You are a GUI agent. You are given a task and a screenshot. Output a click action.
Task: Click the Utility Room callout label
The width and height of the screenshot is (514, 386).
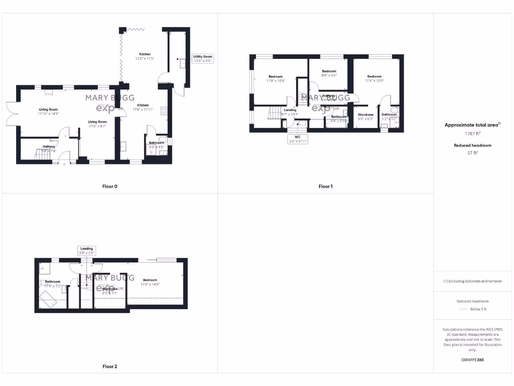pos(203,59)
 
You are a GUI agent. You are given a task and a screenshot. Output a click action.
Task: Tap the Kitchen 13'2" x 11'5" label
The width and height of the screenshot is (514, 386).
pos(145,56)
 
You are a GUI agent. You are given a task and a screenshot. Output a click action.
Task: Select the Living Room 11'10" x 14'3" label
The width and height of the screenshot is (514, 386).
pos(49,112)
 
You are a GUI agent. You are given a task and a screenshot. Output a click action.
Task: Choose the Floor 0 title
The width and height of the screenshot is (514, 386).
pos(109,186)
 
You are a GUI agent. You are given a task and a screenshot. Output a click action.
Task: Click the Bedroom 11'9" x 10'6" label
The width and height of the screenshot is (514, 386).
pos(276,78)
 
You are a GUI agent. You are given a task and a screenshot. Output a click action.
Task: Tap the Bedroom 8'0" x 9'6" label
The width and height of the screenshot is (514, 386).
pos(329,73)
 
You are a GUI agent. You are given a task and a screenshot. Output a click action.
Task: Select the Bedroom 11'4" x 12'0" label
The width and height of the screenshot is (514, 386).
pos(374,78)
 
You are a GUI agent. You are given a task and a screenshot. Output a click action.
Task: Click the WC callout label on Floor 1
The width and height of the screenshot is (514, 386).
pos(298,139)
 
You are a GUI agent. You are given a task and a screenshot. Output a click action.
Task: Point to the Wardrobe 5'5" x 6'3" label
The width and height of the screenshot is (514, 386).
pos(365,117)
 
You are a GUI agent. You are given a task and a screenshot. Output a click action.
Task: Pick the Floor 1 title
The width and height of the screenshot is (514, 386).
pos(325,186)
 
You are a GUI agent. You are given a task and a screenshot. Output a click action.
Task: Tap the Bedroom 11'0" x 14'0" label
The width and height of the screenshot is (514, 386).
pos(150,282)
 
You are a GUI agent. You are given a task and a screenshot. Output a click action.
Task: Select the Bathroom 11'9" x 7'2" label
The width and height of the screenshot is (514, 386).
pos(53,283)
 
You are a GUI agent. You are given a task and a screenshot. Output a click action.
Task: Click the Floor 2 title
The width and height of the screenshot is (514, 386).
pos(109,366)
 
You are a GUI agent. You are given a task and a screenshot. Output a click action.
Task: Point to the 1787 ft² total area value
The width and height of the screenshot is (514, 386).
pos(472,134)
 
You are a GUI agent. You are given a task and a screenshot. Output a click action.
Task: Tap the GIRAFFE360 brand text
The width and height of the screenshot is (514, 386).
pos(472,360)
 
